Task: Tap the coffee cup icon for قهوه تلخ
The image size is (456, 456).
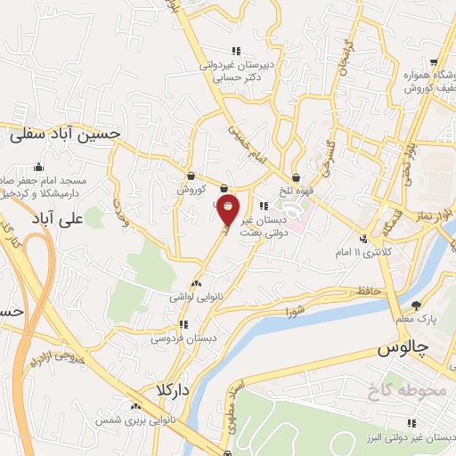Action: coord(295,152)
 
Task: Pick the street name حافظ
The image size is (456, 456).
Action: coord(366,291)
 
